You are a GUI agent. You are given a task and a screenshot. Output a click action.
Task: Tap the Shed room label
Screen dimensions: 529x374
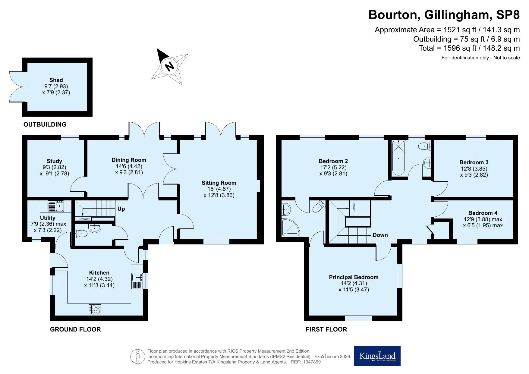(x=56, y=80)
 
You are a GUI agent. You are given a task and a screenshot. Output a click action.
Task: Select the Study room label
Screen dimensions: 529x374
(x=54, y=161)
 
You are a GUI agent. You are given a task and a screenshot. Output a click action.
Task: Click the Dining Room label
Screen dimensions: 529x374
(x=129, y=160)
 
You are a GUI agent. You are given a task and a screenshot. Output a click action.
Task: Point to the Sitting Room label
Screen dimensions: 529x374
(x=219, y=183)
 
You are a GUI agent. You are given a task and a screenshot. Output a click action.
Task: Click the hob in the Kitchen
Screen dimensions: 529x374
(x=95, y=310)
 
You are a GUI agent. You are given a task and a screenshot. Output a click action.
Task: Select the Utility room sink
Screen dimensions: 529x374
(x=56, y=206)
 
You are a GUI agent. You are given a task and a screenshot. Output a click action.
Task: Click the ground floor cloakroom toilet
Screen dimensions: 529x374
(x=81, y=233)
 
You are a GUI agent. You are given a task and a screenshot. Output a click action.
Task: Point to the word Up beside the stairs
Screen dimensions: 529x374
(x=121, y=209)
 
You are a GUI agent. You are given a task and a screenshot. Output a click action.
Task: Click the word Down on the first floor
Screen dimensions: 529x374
(x=380, y=235)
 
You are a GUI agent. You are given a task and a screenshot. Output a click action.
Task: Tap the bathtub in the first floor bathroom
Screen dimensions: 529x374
(x=398, y=158)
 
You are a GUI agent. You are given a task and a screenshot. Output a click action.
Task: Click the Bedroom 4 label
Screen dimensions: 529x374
(x=483, y=213)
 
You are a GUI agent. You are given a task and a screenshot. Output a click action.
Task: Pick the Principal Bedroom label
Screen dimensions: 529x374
(x=354, y=277)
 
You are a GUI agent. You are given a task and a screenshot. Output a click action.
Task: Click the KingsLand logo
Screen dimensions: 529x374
(x=377, y=356)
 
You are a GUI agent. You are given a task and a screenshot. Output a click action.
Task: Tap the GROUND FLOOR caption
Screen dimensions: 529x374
(x=75, y=329)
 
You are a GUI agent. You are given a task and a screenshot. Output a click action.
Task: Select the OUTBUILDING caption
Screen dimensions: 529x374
(x=45, y=124)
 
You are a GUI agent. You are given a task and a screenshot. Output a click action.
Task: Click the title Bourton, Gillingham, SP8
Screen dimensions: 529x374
(x=444, y=14)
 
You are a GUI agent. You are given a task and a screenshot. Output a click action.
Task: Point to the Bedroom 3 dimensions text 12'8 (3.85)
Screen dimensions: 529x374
(x=474, y=169)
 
